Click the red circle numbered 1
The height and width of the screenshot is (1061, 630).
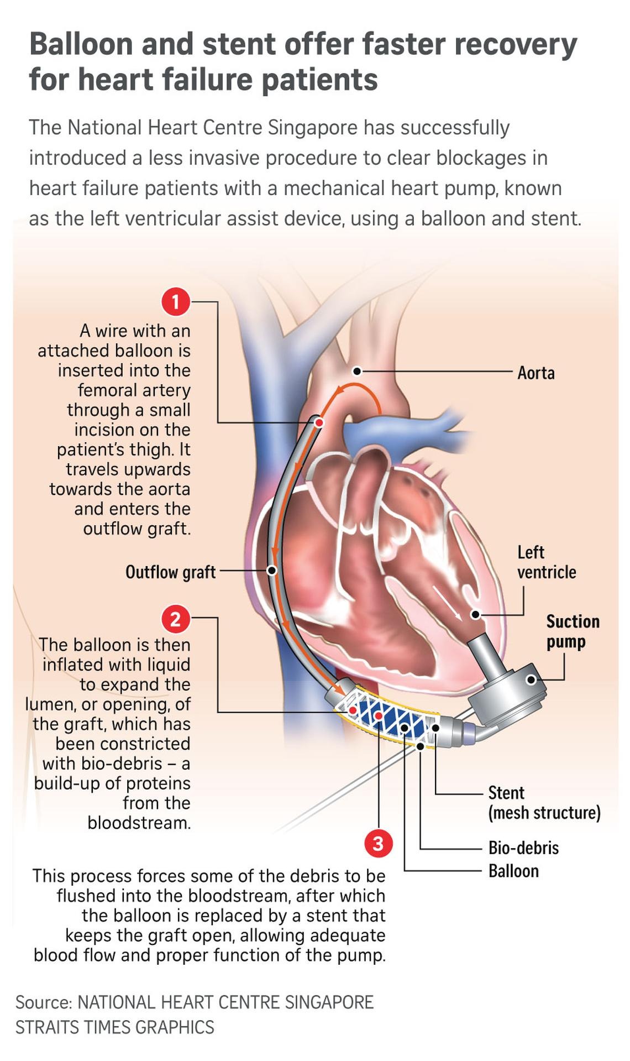tap(176, 302)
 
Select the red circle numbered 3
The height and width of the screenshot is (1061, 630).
tap(378, 844)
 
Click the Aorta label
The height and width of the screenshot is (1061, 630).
tap(535, 373)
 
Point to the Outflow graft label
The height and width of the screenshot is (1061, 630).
tap(170, 572)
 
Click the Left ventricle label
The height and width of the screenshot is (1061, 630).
tap(547, 562)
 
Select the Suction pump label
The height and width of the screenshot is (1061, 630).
tap(573, 631)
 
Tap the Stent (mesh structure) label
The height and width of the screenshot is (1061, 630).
tap(544, 803)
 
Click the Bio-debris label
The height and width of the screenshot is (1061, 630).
tap(523, 848)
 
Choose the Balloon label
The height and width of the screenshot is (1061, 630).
tap(513, 871)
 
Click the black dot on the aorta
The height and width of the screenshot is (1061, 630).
tap(357, 371)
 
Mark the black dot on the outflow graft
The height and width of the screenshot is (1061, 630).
tap(272, 571)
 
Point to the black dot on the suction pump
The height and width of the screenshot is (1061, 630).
tap(531, 680)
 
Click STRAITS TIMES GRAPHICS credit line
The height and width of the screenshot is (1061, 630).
tap(114, 1027)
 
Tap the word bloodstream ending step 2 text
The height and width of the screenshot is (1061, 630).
tap(139, 823)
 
